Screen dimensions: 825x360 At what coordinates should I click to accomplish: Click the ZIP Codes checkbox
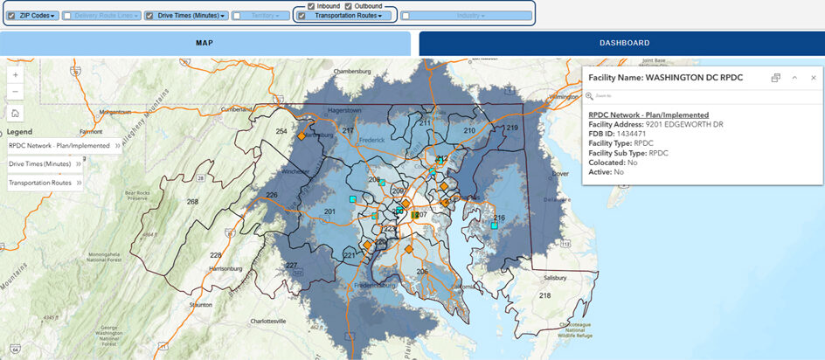11,16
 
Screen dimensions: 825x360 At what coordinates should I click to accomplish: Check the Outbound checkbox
348,6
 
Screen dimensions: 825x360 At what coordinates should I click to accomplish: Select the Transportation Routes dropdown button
349,16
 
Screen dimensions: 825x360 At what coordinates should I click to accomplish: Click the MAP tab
205,43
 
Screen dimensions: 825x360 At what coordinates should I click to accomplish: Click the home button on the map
16,113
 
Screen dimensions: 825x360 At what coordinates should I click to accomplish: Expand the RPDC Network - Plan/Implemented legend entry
62,146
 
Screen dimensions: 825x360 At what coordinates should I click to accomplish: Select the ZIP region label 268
192,201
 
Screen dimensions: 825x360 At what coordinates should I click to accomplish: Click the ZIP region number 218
545,296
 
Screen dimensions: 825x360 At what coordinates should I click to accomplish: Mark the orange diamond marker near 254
301,137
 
